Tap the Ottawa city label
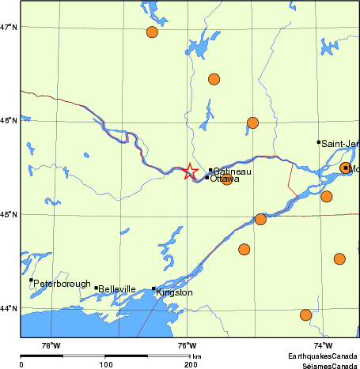click(225, 179)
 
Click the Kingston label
click(175, 293)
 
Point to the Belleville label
click(118, 289)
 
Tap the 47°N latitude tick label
click(9, 28)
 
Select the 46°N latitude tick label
click(9, 121)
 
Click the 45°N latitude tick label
click(9, 214)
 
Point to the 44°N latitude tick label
click(9, 308)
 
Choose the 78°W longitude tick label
click(51, 345)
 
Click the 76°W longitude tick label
click(187, 345)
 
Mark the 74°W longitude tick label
click(323, 345)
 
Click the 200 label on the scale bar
click(191, 364)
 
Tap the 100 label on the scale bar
click(105, 364)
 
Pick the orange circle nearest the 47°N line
click(152, 32)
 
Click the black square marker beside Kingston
click(153, 288)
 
